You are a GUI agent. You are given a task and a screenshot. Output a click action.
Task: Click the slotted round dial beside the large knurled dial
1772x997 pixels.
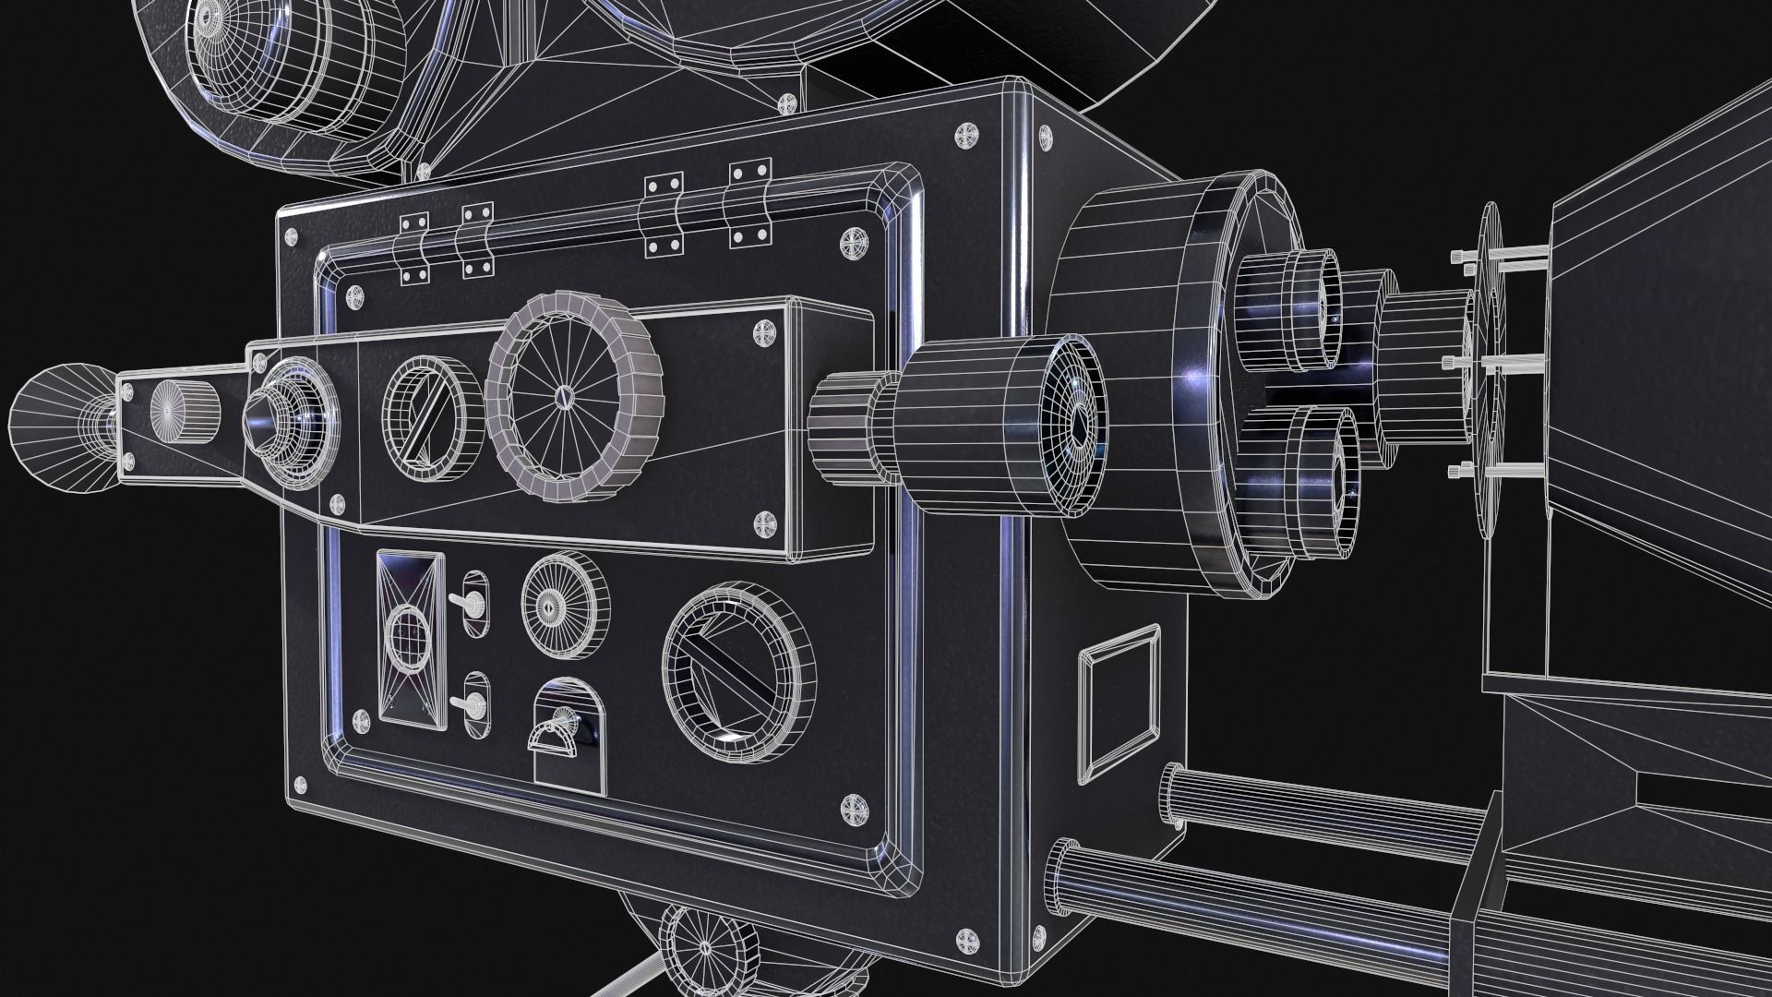coord(430,410)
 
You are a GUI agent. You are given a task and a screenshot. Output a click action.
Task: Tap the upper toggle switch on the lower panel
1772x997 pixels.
coord(473,605)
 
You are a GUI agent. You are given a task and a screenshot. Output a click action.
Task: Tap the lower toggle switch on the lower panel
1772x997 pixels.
coord(475,705)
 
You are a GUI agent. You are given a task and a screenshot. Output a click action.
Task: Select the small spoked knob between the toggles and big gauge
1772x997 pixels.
coord(565,606)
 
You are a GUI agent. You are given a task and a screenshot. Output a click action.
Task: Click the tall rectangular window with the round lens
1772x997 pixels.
coord(411,639)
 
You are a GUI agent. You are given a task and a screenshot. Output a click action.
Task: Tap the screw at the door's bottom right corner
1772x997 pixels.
coord(854,810)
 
